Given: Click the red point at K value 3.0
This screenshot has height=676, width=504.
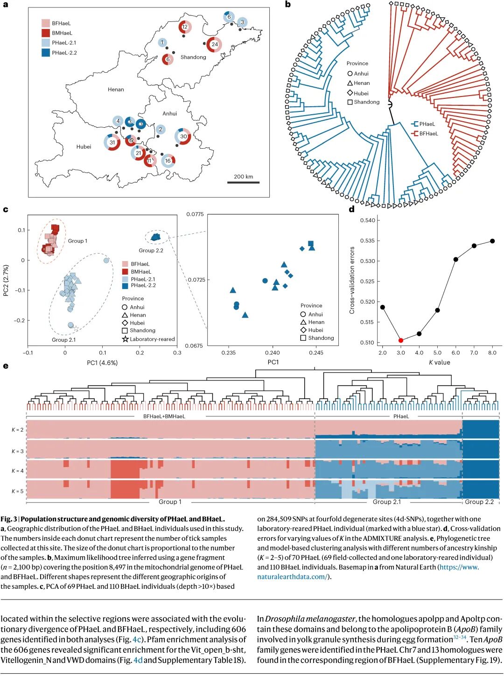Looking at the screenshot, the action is click(x=400, y=340).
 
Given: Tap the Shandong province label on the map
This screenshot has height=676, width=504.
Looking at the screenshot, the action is click(x=193, y=57).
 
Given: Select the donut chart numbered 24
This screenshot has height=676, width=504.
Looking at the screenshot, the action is click(x=214, y=44).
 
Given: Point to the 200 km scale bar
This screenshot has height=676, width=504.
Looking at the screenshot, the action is click(x=243, y=183).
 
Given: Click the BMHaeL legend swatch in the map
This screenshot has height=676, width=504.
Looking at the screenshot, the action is click(x=45, y=33).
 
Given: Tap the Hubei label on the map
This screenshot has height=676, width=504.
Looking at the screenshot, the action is click(x=84, y=146).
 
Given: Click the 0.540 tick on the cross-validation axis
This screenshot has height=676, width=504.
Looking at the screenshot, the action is click(x=366, y=220).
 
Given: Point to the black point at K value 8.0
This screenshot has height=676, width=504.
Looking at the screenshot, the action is click(x=492, y=241).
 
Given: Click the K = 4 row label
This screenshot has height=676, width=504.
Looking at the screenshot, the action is click(x=18, y=470).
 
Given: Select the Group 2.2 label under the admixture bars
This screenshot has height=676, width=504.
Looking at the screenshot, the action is click(x=479, y=502).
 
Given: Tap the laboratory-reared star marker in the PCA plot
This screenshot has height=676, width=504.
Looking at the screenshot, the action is click(x=76, y=328).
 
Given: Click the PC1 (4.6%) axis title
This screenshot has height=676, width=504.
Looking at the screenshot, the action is click(x=102, y=362).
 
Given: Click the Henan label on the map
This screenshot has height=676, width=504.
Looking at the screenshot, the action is click(x=116, y=90).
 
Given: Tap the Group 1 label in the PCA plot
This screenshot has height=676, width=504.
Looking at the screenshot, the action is click(x=77, y=241).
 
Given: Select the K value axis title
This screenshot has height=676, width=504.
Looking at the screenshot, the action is click(x=439, y=362).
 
